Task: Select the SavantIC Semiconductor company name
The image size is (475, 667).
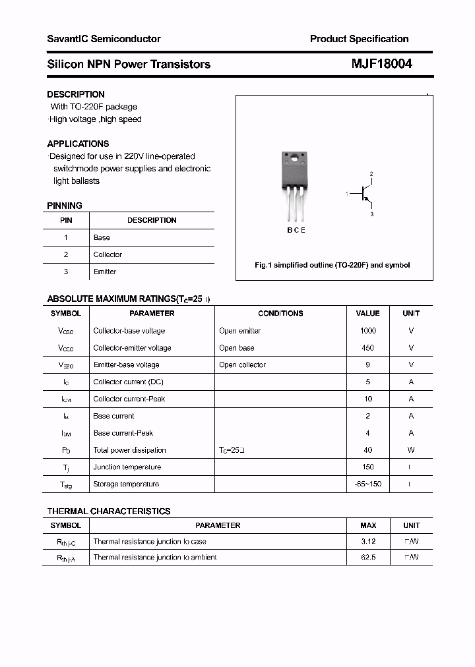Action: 104,39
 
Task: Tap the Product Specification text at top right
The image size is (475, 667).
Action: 359,39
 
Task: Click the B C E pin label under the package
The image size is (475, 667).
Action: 296,230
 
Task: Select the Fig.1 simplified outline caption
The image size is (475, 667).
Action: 332,265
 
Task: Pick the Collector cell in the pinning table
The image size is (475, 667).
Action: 108,254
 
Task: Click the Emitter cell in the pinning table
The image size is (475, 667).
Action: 105,272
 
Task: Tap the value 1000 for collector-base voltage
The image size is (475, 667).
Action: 367,331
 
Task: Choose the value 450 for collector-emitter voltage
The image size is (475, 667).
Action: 367,348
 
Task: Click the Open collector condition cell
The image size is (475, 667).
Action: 242,365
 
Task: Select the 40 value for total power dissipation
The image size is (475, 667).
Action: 367,450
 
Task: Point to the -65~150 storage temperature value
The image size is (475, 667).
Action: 367,484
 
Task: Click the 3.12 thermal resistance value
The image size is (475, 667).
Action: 367,541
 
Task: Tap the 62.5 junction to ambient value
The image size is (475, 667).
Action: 367,558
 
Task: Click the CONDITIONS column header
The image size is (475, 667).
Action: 280,314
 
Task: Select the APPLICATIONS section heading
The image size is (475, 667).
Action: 78,144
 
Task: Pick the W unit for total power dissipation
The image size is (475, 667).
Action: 411,450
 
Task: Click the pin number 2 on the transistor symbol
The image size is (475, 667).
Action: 371,174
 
